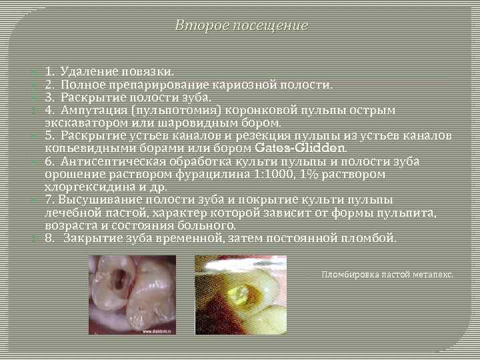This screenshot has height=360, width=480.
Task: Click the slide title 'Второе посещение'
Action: click(241, 26)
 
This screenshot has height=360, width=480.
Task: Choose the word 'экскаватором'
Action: click(88, 123)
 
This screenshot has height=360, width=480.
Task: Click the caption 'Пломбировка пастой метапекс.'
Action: click(387, 274)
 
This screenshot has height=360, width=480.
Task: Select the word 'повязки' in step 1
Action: click(150, 71)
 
